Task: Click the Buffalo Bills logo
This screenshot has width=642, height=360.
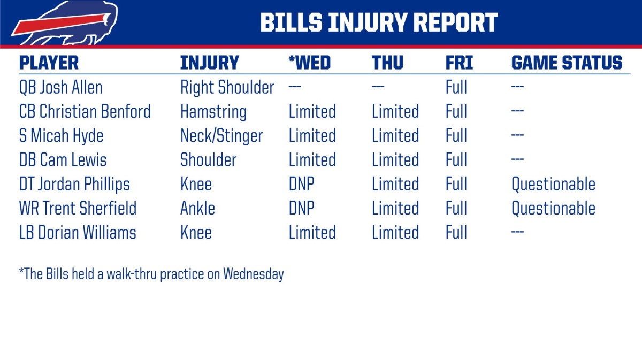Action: tap(64, 24)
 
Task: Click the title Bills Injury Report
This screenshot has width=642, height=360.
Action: tap(379, 22)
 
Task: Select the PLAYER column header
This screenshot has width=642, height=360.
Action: tap(49, 63)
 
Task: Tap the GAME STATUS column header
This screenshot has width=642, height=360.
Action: tap(567, 63)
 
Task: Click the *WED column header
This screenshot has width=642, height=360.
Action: tap(310, 63)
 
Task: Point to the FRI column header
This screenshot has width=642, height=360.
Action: tap(459, 63)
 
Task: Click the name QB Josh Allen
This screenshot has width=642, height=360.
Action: tap(60, 87)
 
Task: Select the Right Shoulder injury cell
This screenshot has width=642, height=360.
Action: tap(227, 87)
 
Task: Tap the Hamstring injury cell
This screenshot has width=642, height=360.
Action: tap(213, 112)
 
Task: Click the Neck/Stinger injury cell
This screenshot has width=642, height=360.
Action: tap(221, 136)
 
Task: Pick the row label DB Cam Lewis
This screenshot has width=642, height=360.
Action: tap(63, 160)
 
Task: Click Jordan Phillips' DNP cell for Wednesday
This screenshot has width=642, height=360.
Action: tap(301, 184)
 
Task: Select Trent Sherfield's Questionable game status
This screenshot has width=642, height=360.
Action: tap(553, 208)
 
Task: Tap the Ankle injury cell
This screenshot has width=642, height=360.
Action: tap(197, 208)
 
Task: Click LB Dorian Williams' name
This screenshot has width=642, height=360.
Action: tap(78, 233)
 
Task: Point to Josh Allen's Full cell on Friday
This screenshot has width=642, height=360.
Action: tap(456, 87)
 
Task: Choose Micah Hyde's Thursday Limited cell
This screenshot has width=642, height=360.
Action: tap(395, 136)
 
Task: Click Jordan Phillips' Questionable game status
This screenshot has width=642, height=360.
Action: tap(553, 184)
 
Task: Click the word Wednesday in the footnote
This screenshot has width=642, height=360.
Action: tap(253, 274)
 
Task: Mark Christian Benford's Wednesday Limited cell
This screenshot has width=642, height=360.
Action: tap(312, 112)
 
